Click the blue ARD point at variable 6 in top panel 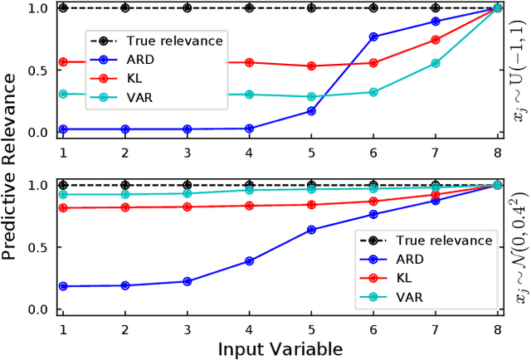point(373,36)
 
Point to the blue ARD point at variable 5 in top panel point(311,110)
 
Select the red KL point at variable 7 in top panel point(436,40)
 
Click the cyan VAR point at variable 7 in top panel point(436,63)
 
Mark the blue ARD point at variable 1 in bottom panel point(62,286)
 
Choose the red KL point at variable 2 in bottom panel point(124,207)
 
